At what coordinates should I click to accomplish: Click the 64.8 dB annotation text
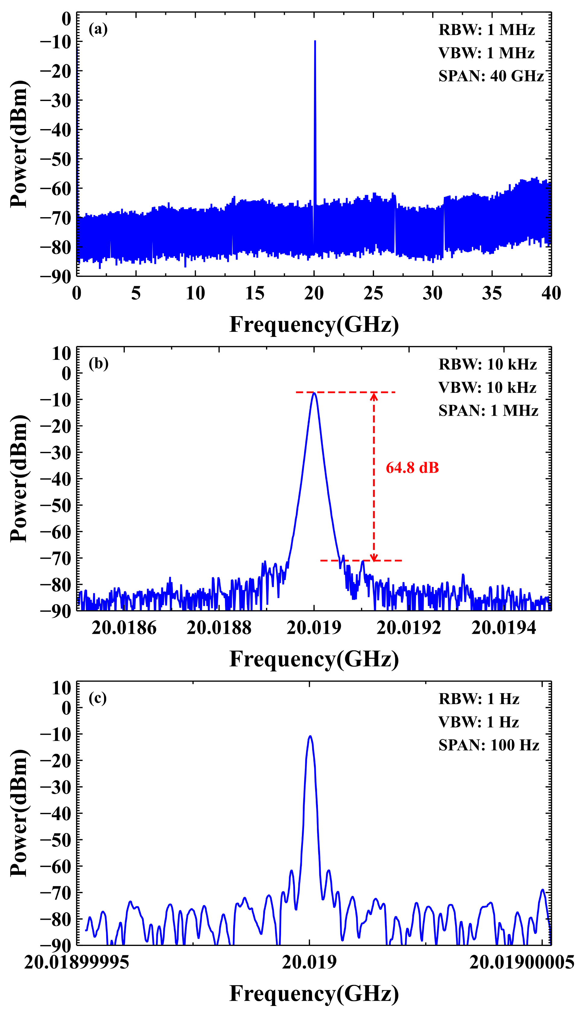pos(412,468)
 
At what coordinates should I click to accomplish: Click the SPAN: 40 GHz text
pos(491,76)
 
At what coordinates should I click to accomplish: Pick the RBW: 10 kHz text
pos(488,364)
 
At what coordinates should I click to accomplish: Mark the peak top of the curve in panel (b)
pos(314,394)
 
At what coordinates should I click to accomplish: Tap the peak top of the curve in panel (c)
pos(310,736)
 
